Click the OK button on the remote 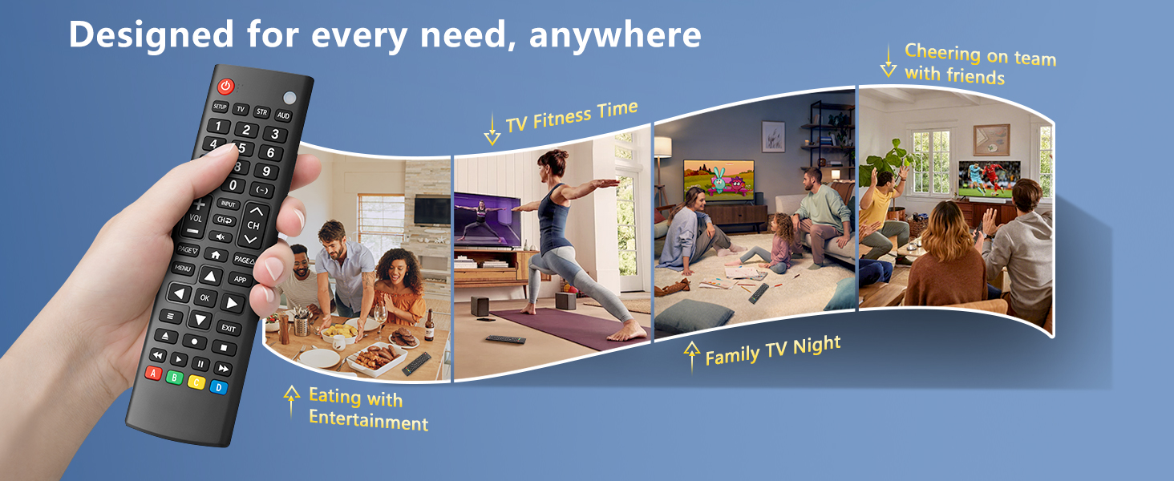click(204, 297)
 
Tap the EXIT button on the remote click(228, 328)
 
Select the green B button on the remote click(175, 378)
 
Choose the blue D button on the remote click(219, 387)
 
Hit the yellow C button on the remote click(196, 382)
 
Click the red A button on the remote click(153, 373)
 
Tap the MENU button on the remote click(183, 269)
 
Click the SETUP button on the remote click(220, 107)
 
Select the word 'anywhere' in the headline click(615, 35)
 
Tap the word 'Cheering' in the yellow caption click(942, 53)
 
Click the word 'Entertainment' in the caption click(368, 420)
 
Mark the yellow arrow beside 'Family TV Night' click(692, 356)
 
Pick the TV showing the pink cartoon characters click(719, 180)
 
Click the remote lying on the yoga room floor click(505, 340)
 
